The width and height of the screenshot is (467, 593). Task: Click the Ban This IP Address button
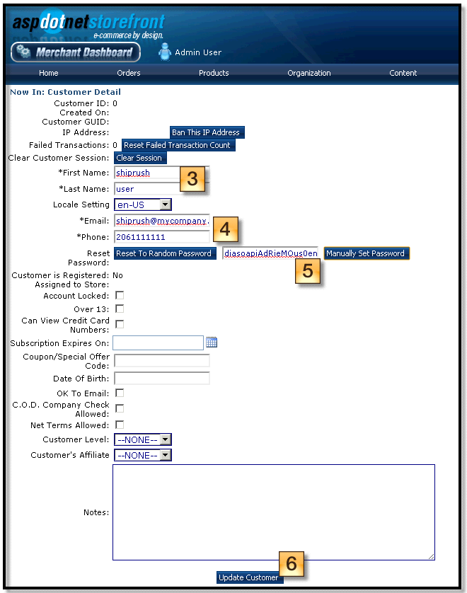click(207, 132)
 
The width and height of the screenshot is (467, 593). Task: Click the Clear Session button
click(140, 158)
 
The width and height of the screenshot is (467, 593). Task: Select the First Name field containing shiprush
click(147, 173)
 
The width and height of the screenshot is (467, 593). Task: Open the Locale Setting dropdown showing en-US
click(142, 205)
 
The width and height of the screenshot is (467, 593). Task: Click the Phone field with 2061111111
click(162, 237)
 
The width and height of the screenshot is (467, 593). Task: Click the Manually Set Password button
click(367, 253)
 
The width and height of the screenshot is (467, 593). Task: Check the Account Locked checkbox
click(120, 295)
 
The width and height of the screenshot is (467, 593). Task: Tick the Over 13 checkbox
click(120, 309)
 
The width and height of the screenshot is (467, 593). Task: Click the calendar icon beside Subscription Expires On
click(212, 342)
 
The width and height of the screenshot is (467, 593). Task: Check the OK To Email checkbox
click(120, 393)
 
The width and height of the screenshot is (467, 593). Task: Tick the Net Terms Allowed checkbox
click(120, 425)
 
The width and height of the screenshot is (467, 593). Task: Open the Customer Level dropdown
click(142, 439)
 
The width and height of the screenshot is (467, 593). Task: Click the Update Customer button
click(248, 577)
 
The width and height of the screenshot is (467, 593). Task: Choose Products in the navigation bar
click(214, 73)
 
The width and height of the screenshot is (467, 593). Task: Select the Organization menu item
click(309, 73)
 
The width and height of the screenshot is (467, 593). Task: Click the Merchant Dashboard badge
click(76, 52)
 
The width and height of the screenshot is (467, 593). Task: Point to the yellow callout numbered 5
click(307, 271)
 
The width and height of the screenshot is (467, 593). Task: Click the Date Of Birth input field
click(162, 378)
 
